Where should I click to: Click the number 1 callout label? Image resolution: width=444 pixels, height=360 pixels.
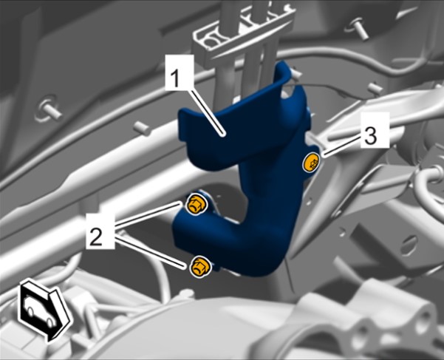click(180, 72)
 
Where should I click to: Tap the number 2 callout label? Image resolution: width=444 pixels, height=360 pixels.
click(100, 231)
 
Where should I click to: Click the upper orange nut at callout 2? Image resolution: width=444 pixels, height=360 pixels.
click(197, 205)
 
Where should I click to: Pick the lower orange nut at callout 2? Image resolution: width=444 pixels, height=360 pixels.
click(200, 267)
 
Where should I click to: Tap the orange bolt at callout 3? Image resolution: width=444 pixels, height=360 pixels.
click(312, 163)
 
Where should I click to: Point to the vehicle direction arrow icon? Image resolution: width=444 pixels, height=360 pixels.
click(44, 311)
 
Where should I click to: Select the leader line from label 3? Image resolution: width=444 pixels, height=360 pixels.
click(341, 147)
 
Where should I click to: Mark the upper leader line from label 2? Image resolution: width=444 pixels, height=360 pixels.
click(148, 214)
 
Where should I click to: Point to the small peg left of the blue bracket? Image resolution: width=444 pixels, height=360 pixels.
click(142, 128)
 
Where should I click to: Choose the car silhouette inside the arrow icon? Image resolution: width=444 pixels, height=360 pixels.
click(38, 310)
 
